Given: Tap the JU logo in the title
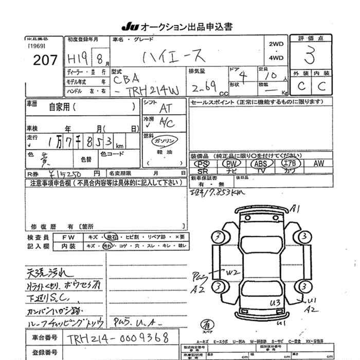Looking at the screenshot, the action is coord(128,26).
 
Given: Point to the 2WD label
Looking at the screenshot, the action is coord(276,44).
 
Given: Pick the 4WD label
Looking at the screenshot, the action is coord(276,58).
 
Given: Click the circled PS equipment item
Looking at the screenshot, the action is coord(203,164).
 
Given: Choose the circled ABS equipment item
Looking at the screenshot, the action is coord(259,164).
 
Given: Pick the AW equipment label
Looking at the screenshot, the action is coord(319,164).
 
